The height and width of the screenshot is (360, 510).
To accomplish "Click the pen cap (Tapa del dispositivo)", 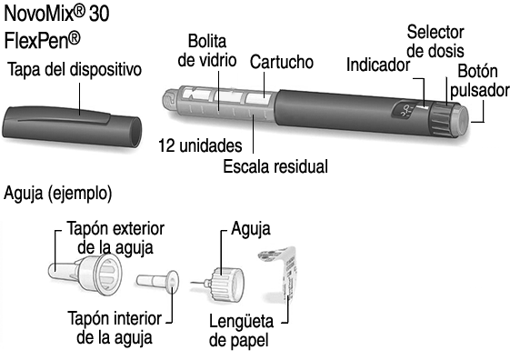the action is coord(72,126).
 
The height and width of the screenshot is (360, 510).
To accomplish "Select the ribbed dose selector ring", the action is coord(442,119).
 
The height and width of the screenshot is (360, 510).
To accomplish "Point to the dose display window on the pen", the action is coord(404,113).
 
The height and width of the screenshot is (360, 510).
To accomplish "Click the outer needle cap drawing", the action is coord(85,273).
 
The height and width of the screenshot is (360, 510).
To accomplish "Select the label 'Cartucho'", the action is coord(282,62).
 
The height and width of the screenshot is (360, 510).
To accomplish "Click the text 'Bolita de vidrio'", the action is coord(207,51).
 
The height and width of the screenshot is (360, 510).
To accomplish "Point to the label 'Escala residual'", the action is coord(275,166).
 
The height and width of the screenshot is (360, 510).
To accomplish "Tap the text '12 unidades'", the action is coord(200,145).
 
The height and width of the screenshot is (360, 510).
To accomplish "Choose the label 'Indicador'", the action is coord(378,65).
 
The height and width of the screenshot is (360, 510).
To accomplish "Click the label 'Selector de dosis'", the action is coord(435,42).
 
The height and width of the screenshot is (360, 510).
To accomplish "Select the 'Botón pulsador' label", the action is coord(480,81).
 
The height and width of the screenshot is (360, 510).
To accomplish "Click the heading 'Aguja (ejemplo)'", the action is coord(58,194).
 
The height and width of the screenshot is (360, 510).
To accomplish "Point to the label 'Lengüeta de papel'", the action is coord(241,331).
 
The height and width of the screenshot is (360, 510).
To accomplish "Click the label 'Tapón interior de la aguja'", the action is coord(115,327).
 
